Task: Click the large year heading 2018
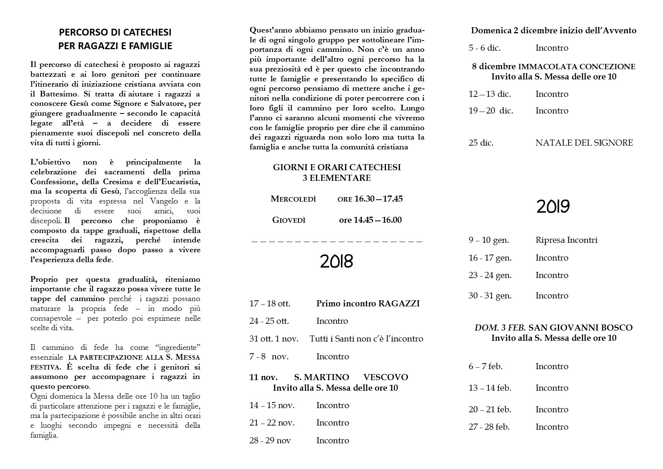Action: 336,261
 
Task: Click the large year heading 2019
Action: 553,207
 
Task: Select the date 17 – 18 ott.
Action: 270,303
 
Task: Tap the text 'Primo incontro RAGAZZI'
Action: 368,303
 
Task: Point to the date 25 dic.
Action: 481,143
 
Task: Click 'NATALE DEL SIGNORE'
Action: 584,143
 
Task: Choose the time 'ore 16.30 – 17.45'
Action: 370,199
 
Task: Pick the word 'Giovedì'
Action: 289,220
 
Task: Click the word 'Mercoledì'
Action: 293,199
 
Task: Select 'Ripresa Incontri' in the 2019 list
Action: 566,240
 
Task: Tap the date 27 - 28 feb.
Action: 489,427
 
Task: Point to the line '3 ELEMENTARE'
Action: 336,178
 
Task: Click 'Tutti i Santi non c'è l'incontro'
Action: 366,339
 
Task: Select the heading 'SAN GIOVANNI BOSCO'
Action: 580,328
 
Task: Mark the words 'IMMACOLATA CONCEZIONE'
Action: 576,67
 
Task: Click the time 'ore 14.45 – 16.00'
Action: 370,220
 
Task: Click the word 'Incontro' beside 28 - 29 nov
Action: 332,440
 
